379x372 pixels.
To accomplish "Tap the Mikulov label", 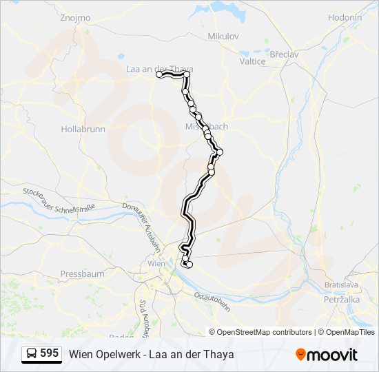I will (223, 36).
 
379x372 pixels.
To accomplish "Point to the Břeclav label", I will (283, 53).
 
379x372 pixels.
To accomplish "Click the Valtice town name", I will (252, 61).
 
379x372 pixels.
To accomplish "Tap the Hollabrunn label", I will (82, 129).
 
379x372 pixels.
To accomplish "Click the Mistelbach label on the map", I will (207, 127).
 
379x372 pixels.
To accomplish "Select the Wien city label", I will (156, 263).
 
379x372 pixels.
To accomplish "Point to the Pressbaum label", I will (82, 273).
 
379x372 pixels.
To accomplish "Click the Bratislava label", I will (342, 285).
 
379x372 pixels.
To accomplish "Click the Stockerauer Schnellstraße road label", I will (59, 200).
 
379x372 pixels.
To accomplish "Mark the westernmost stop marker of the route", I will (159, 74).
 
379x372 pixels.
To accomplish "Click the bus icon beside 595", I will (32, 353).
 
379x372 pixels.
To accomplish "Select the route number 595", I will (49, 353).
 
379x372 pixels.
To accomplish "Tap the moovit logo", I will (327, 354).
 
